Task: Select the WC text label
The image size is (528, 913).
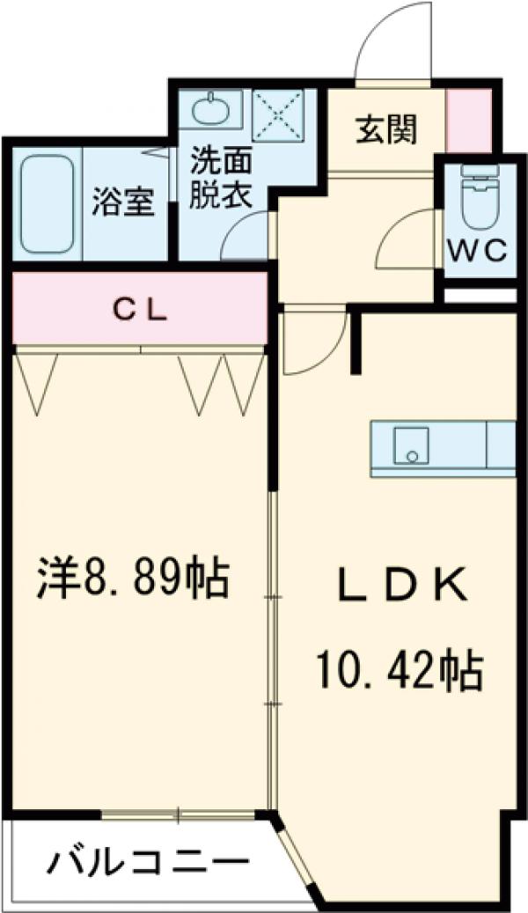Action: click(478, 252)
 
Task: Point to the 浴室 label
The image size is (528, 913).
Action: click(124, 202)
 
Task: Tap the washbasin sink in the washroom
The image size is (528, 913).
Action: click(210, 112)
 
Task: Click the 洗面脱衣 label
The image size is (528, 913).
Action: click(221, 178)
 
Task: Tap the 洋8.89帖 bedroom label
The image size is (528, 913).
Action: click(133, 579)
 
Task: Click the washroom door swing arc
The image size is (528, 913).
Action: click(246, 239)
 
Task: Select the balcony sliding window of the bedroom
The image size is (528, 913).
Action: click(180, 815)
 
